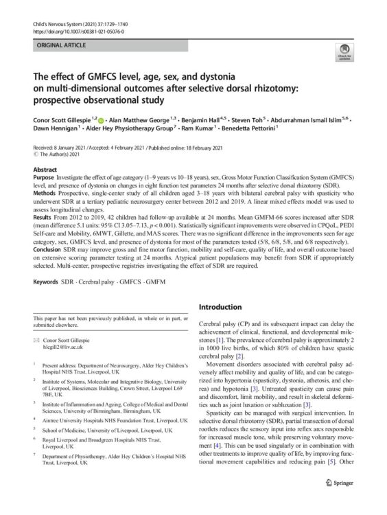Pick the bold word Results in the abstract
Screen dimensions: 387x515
click(45, 220)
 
